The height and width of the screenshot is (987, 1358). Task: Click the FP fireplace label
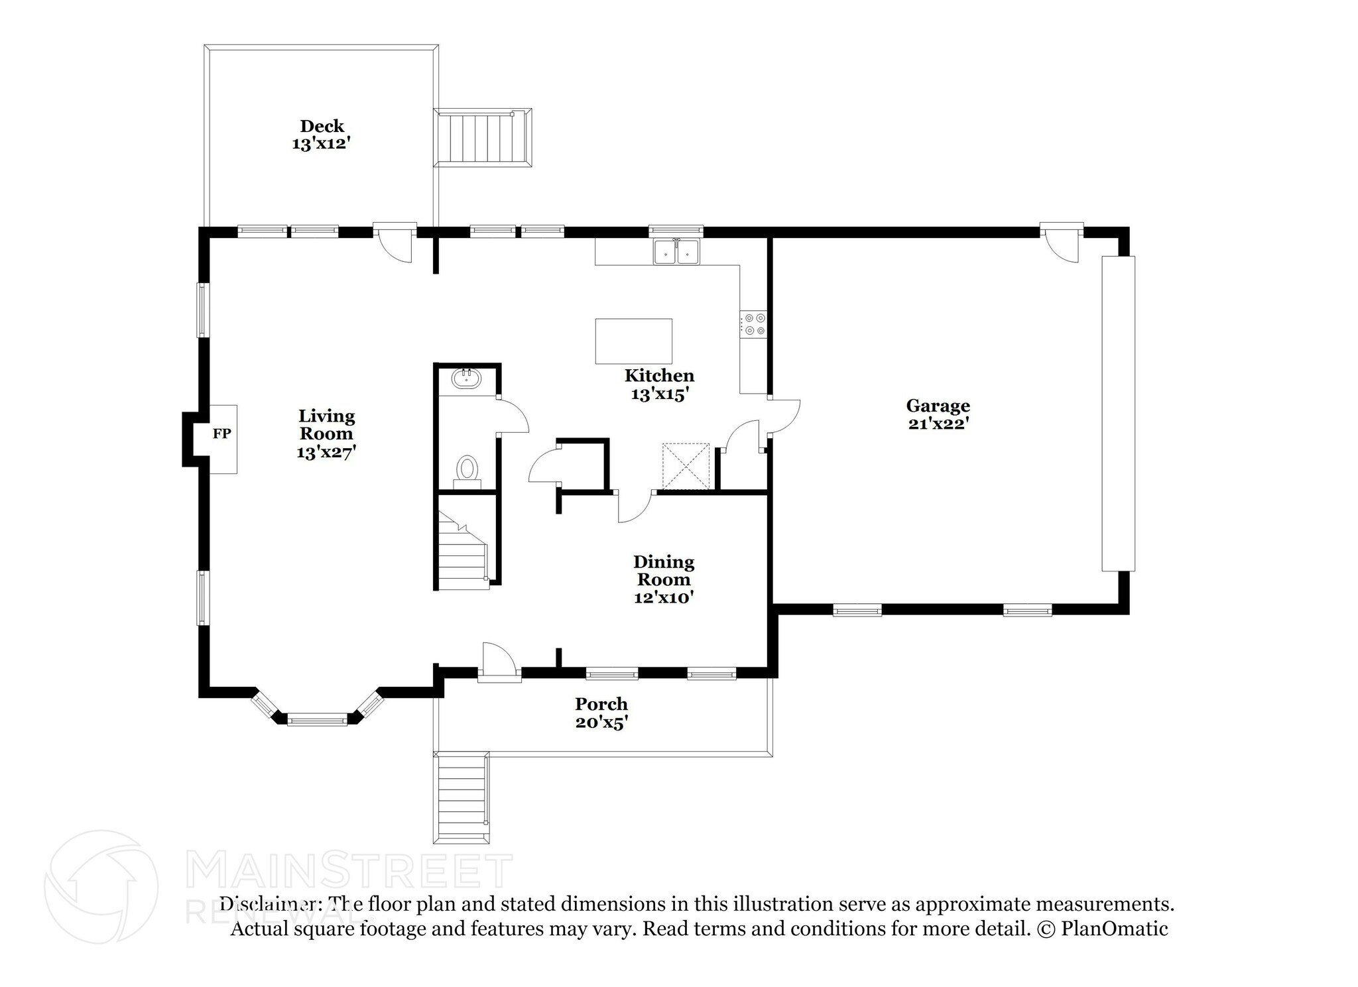pyautogui.click(x=221, y=434)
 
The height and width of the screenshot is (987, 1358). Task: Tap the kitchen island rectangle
pyautogui.click(x=633, y=341)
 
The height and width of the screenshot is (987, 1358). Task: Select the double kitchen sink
pyautogui.click(x=676, y=252)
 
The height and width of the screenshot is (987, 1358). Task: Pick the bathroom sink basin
pyautogui.click(x=466, y=380)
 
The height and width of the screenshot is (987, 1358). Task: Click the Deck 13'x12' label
pyautogui.click(x=322, y=135)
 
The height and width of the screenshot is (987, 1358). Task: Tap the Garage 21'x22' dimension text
pyautogui.click(x=938, y=424)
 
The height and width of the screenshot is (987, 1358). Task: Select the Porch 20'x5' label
pyautogui.click(x=601, y=713)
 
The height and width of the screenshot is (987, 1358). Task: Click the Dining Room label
pyautogui.click(x=664, y=571)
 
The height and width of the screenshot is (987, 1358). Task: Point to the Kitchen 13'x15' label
pyautogui.click(x=659, y=384)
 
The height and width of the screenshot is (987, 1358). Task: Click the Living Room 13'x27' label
pyautogui.click(x=326, y=434)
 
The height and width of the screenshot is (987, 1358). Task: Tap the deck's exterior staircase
pyautogui.click(x=483, y=138)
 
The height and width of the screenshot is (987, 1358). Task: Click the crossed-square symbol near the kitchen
pyautogui.click(x=686, y=467)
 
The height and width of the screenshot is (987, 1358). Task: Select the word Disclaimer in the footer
pyautogui.click(x=271, y=904)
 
